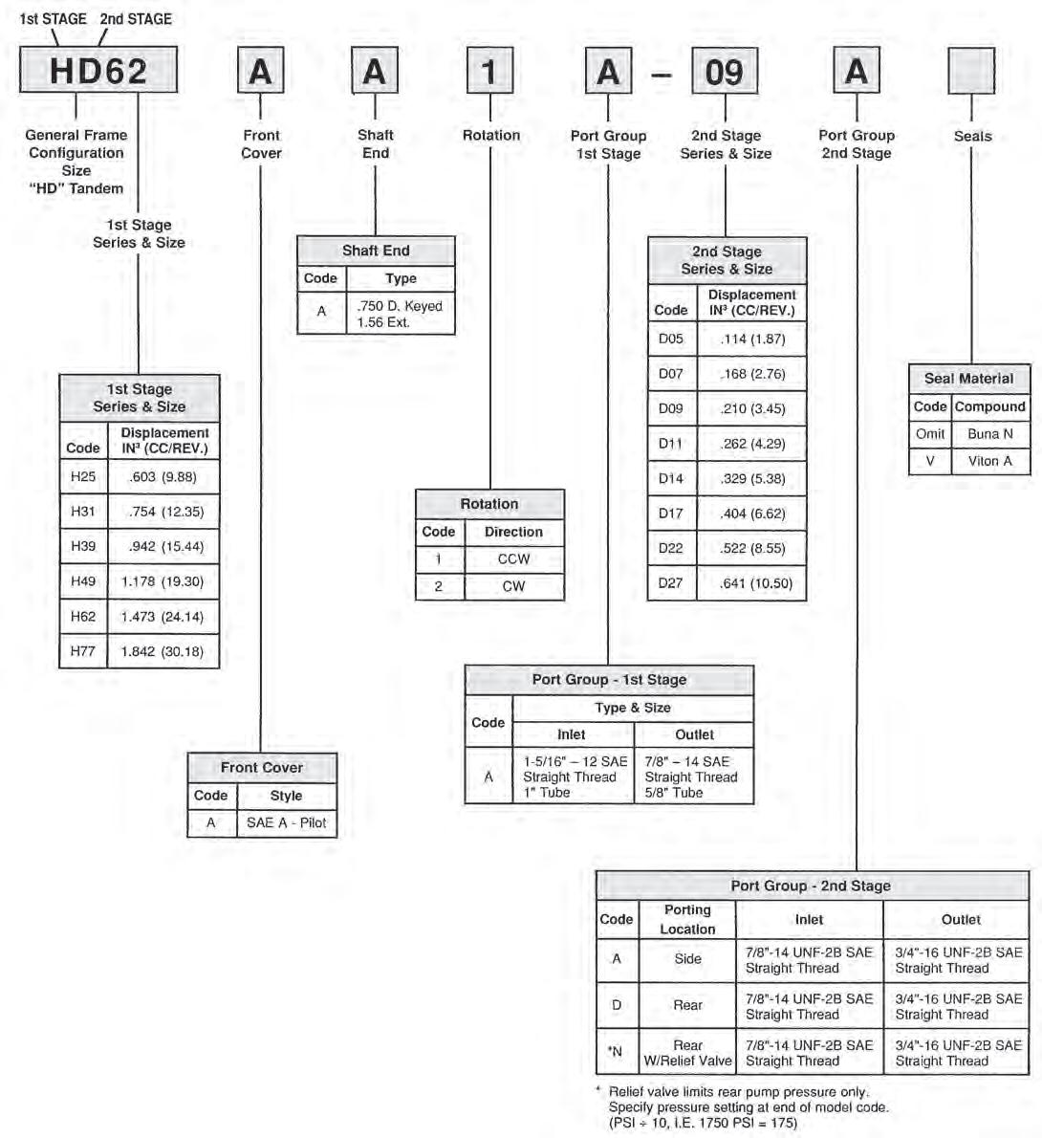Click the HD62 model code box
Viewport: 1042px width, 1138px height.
tap(98, 72)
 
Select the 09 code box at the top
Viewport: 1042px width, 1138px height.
tap(724, 72)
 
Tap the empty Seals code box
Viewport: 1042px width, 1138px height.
tap(971, 72)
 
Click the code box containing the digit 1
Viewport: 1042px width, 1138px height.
tap(489, 72)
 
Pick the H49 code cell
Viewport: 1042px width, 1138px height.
tap(83, 581)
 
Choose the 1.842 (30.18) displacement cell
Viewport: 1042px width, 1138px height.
tap(163, 651)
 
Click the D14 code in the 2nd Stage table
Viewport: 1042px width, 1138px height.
tap(671, 478)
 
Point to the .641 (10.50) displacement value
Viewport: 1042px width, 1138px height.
tap(751, 583)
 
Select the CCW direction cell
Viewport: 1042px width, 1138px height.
tap(513, 559)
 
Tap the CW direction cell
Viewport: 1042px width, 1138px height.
tap(513, 586)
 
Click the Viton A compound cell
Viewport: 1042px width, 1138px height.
tap(989, 461)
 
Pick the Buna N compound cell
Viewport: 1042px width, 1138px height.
tap(989, 434)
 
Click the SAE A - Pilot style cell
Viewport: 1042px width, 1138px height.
tap(286, 822)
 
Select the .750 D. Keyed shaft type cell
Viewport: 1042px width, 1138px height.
tap(400, 314)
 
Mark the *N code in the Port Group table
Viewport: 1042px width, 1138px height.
tap(616, 1052)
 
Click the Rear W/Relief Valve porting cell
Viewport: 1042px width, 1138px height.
tap(687, 1053)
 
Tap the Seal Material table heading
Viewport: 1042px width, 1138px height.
tap(968, 379)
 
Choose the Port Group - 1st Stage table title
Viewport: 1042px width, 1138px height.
tap(609, 680)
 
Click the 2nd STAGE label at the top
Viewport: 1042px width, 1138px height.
tap(136, 18)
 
